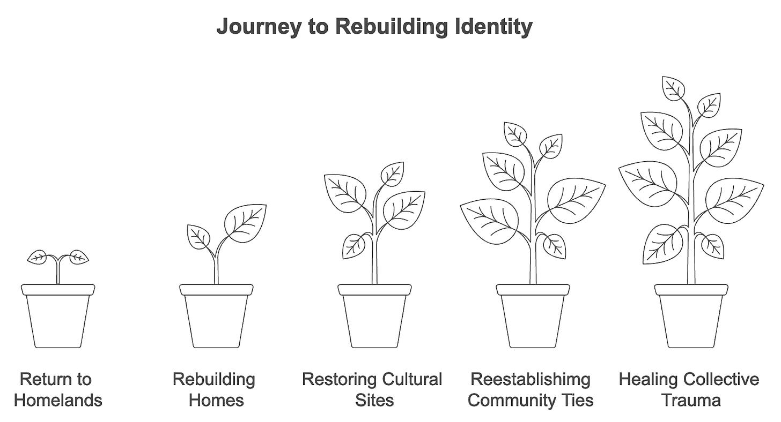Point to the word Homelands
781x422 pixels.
58,400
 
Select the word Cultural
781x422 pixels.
408,380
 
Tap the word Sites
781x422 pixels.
374,400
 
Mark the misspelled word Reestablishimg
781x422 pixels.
531,380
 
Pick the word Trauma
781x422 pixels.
691,400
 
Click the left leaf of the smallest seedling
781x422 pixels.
38,257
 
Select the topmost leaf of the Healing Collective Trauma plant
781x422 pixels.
674,87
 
